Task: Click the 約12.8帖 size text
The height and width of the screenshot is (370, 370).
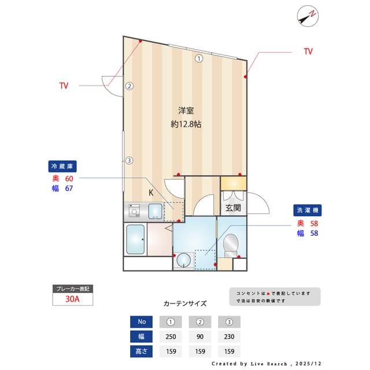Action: pyautogui.click(x=186, y=124)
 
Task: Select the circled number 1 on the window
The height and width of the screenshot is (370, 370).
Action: pyautogui.click(x=198, y=58)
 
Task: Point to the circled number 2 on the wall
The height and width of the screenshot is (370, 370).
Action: pyautogui.click(x=130, y=87)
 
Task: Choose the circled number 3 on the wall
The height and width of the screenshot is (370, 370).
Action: pyautogui.click(x=130, y=161)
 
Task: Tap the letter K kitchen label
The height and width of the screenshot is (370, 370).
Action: pyautogui.click(x=150, y=193)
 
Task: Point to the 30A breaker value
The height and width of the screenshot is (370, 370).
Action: pyautogui.click(x=72, y=299)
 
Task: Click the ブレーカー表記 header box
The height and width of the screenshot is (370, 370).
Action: pyautogui.click(x=72, y=288)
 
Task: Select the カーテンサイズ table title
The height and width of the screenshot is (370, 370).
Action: pyautogui.click(x=185, y=303)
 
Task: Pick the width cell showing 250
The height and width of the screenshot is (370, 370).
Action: pyautogui.click(x=171, y=336)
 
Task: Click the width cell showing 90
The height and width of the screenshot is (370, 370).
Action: pyautogui.click(x=200, y=336)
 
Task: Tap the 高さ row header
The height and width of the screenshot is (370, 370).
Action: pyautogui.click(x=141, y=351)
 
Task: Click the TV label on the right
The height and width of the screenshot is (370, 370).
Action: pyautogui.click(x=308, y=51)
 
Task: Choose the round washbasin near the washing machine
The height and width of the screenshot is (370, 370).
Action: pyautogui.click(x=184, y=260)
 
